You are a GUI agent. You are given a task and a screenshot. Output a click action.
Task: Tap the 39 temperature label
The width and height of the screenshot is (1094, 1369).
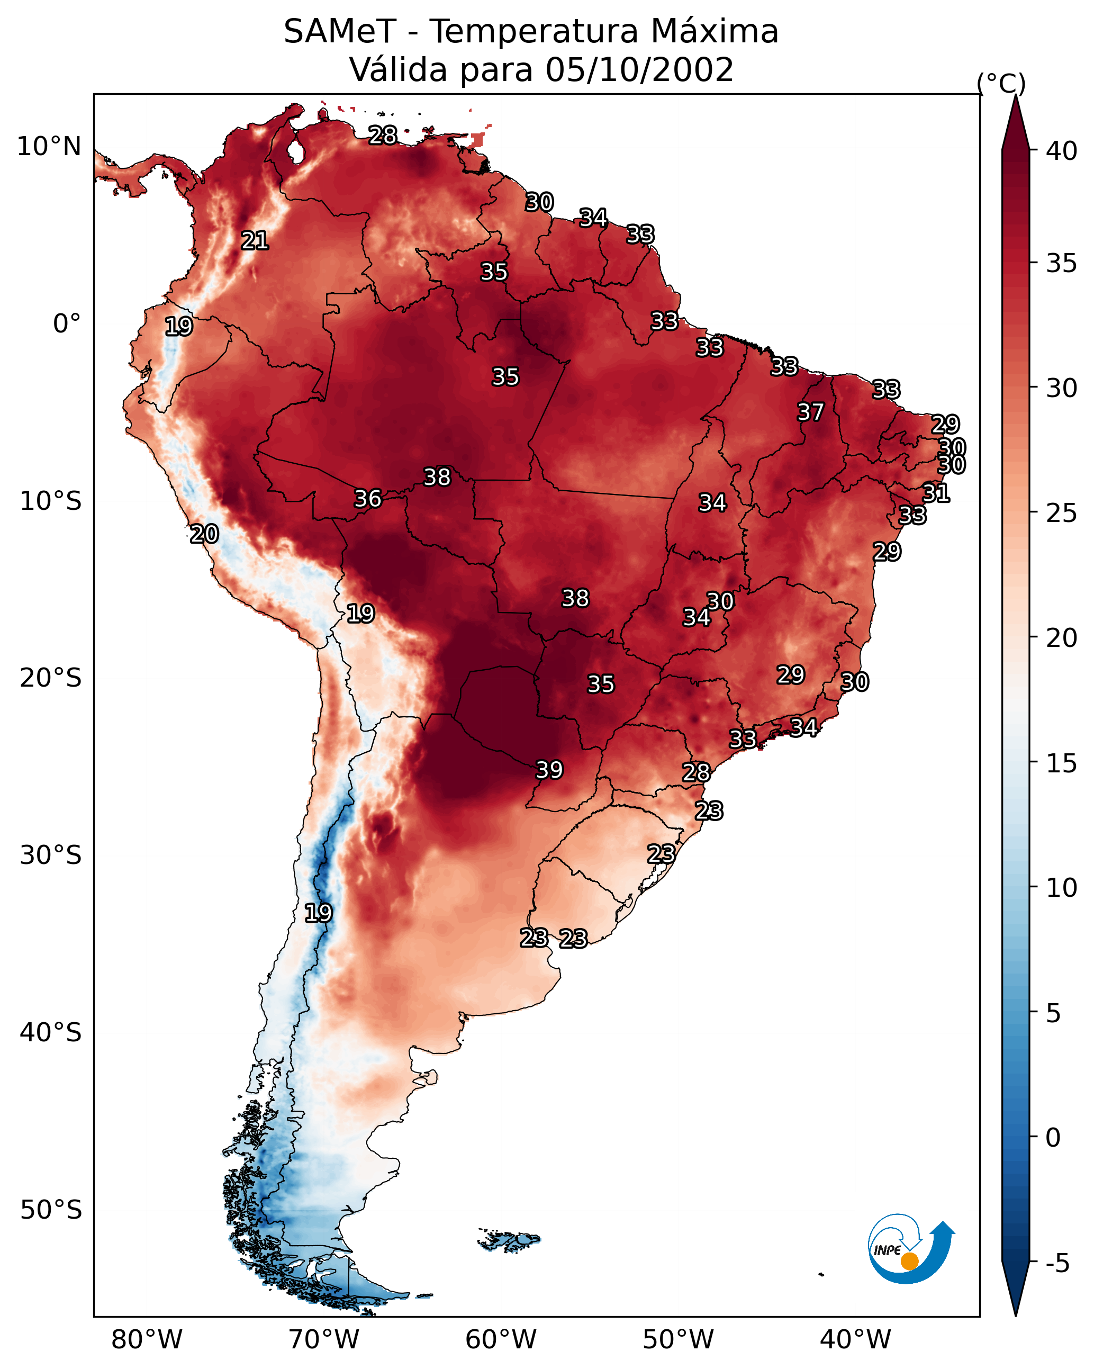549,770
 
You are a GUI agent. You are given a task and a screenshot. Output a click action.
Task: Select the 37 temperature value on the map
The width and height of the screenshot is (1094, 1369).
810,412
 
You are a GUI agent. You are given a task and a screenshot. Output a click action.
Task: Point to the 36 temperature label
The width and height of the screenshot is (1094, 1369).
368,499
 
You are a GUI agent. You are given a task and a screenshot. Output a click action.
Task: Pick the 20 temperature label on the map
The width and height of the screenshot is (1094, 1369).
204,534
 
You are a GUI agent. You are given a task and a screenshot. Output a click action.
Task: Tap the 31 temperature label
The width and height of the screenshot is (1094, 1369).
936,493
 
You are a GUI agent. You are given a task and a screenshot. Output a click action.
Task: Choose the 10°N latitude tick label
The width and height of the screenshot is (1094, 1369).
49,147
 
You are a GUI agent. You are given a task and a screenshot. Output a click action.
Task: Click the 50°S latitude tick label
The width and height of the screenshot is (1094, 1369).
51,1210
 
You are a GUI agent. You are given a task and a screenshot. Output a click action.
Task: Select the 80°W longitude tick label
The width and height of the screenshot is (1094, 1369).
147,1340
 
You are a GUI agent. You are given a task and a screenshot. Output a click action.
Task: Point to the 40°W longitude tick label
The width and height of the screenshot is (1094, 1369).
855,1340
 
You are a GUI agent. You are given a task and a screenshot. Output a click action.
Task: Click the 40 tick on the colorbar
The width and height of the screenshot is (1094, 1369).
1062,151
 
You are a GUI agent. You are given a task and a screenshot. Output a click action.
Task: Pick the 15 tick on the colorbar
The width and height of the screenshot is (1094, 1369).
1062,763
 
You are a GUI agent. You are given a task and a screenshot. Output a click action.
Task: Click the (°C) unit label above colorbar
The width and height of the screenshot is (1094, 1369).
1001,83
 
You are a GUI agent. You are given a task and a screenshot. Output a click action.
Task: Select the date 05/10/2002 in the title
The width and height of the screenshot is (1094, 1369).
639,70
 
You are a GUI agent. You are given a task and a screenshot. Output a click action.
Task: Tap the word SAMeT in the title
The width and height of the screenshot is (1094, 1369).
340,32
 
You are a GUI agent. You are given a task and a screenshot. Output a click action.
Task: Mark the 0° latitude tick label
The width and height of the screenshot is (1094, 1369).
67,324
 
